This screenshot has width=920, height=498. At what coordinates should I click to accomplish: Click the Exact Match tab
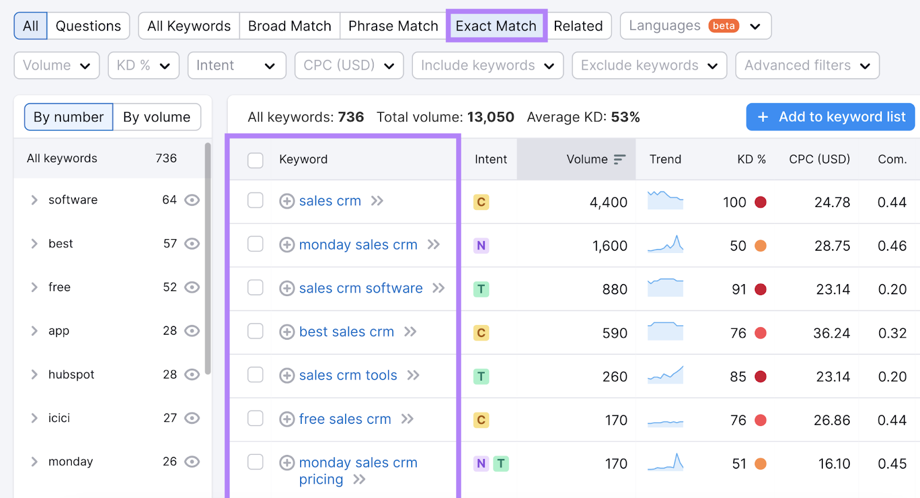[496, 26]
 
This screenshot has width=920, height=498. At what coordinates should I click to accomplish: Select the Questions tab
[88, 26]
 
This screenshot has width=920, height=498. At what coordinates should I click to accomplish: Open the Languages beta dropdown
[695, 26]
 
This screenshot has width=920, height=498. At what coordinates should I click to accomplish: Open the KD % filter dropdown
[143, 66]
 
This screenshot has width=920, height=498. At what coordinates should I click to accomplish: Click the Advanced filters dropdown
[807, 66]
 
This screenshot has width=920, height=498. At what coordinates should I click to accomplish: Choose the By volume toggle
[156, 117]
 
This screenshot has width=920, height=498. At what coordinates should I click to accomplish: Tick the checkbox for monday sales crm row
[255, 244]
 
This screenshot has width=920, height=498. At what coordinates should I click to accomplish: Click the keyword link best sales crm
[346, 332]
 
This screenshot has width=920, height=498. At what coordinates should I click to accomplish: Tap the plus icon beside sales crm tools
[287, 376]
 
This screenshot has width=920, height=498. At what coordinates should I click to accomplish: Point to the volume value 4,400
[608, 202]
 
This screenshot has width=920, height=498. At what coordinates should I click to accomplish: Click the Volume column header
[587, 159]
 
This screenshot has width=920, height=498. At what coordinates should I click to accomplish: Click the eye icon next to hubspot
[192, 374]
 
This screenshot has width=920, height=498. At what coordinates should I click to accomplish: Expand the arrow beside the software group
[34, 200]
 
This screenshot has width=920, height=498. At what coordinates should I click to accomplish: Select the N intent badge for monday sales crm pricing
[481, 463]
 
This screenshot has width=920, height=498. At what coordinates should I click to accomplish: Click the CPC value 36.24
[831, 333]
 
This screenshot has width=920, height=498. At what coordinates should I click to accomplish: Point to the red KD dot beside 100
[760, 202]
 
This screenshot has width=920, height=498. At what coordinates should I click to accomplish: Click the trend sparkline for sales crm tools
[665, 376]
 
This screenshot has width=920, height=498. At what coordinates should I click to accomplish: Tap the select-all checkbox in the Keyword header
[255, 160]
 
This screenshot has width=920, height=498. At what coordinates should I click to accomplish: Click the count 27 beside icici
[170, 418]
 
